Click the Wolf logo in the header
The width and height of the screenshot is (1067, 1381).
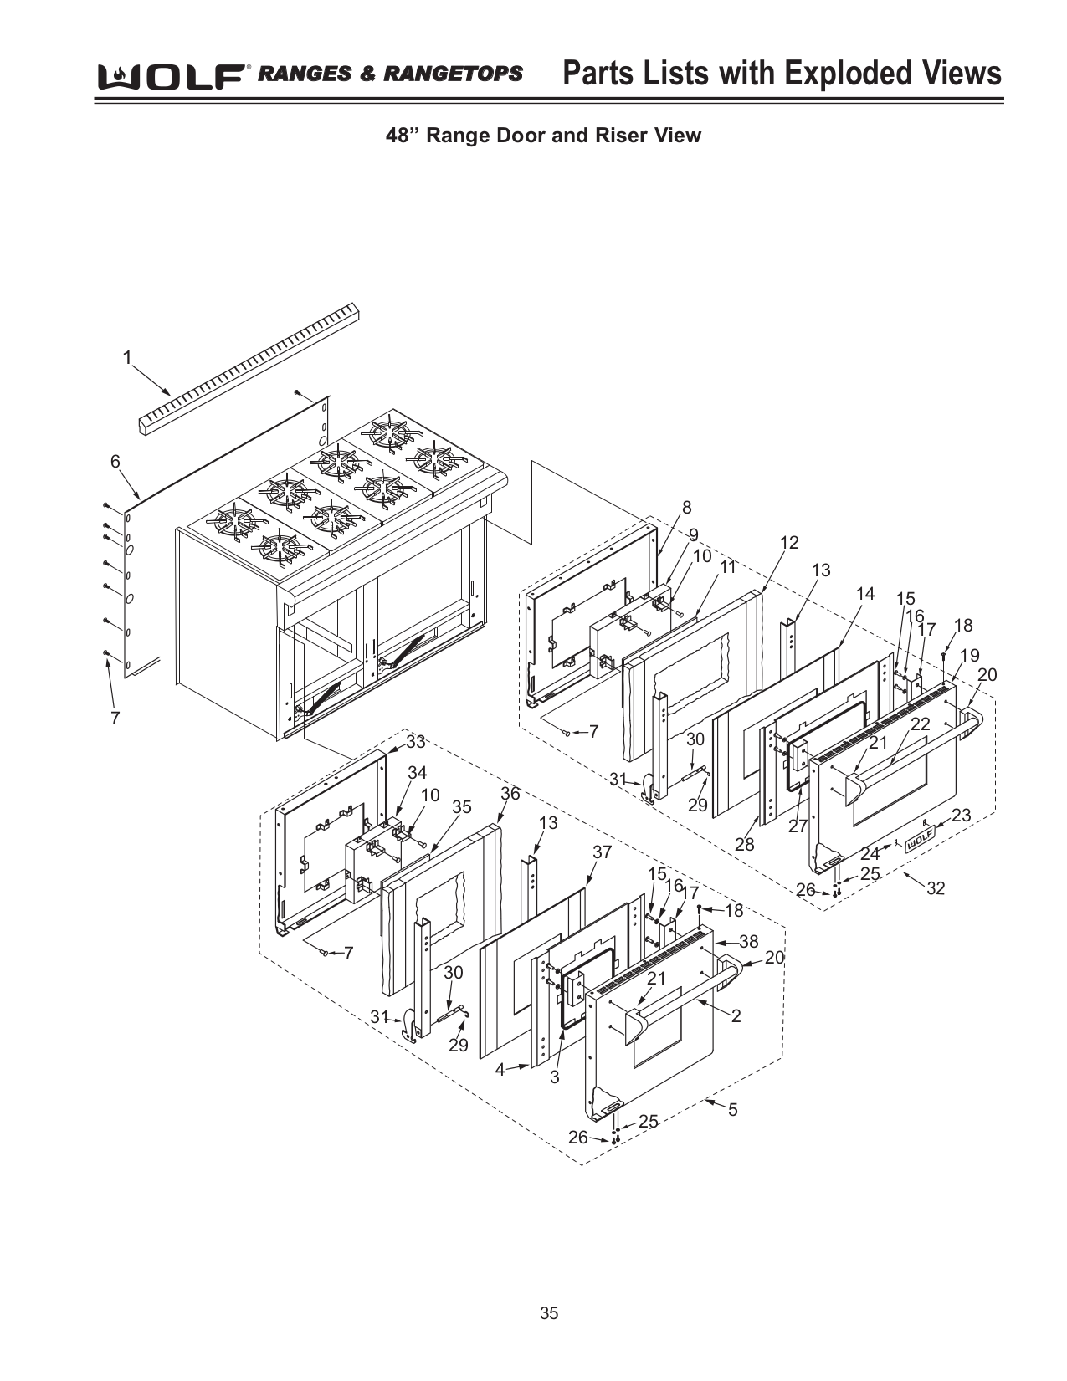pos(172,76)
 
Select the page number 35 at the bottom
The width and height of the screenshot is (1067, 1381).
pos(548,1313)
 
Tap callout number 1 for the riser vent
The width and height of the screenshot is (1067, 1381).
pos(127,358)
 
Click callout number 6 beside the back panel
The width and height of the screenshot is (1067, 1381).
pos(115,462)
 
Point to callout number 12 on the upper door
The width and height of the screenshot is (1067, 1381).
pos(789,543)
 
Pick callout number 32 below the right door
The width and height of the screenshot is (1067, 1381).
pos(935,888)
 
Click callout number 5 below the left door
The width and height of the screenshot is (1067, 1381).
pos(733,1110)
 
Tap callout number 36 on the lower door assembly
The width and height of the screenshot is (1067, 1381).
pos(510,793)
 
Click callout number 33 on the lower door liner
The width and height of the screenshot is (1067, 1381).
pos(416,742)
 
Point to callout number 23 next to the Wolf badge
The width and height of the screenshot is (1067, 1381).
pos(961,815)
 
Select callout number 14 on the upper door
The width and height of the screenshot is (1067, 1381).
pos(864,594)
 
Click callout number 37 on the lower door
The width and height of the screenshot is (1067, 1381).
pos(603,852)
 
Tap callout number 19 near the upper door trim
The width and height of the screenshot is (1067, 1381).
pos(969,655)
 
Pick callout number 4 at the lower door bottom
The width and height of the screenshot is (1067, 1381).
pos(500,1069)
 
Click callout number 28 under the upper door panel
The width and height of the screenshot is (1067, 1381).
pos(744,845)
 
